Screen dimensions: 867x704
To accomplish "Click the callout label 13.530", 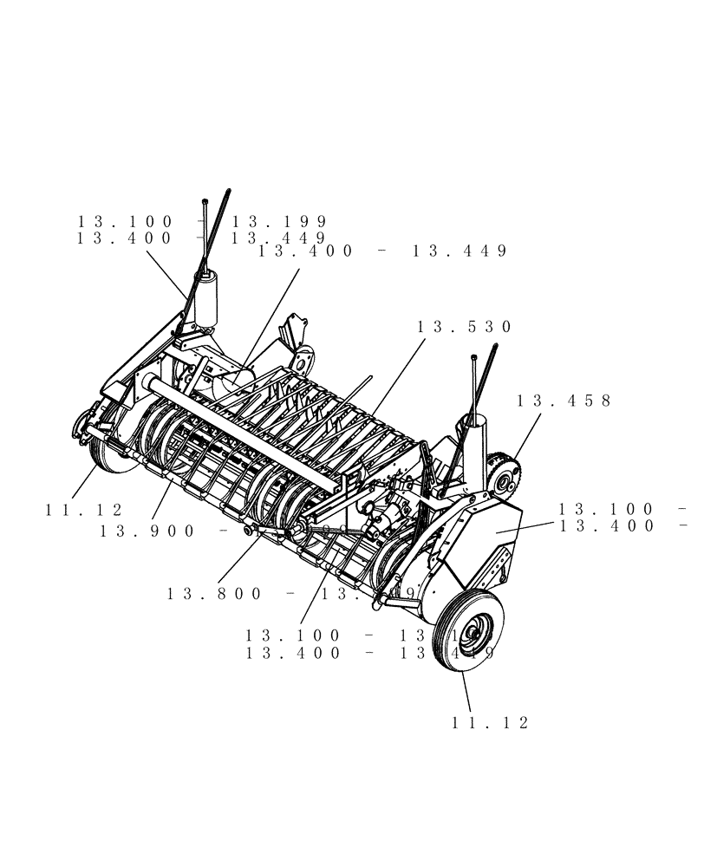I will click(465, 327).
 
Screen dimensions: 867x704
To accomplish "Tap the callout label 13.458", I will click(564, 401).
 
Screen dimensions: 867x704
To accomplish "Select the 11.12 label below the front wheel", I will click(490, 722).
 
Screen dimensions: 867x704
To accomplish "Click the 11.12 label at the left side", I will click(84, 511).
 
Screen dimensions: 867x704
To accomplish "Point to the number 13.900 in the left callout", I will click(147, 531).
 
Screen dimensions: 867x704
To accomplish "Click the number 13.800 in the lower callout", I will click(214, 594).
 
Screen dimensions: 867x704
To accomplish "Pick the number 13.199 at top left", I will click(278, 222).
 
